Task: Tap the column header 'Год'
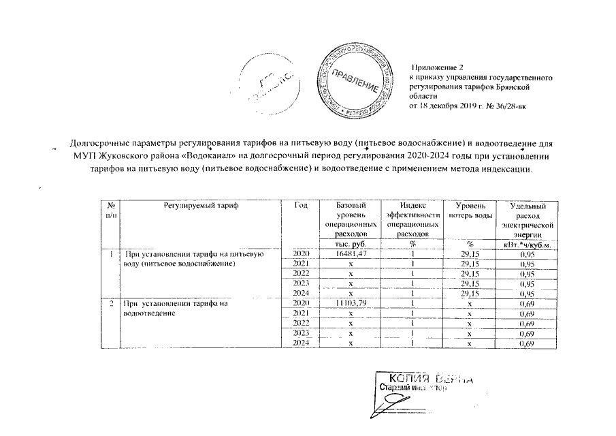pos(302,206)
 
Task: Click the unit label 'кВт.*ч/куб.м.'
pos(528,245)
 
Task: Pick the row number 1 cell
pos(111,254)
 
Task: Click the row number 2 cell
pos(111,302)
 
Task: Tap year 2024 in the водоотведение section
pos(301,342)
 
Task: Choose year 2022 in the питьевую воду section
pos(301,274)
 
